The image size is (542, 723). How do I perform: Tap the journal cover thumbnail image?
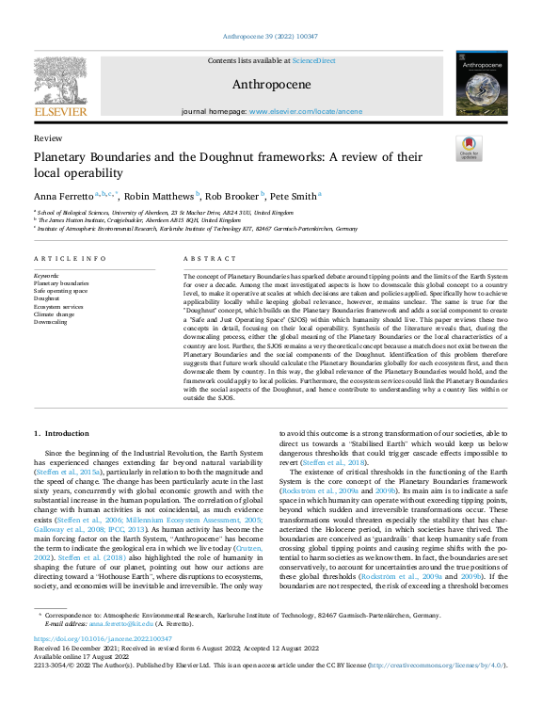click(480, 84)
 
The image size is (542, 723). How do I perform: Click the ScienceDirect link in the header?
click(313, 60)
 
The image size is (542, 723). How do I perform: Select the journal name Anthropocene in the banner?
click(271, 84)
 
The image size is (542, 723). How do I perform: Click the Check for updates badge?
click(468, 148)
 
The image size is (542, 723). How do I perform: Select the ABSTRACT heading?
click(202, 258)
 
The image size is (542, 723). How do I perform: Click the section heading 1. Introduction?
click(62, 433)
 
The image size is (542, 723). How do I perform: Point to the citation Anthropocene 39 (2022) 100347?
click(271, 37)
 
